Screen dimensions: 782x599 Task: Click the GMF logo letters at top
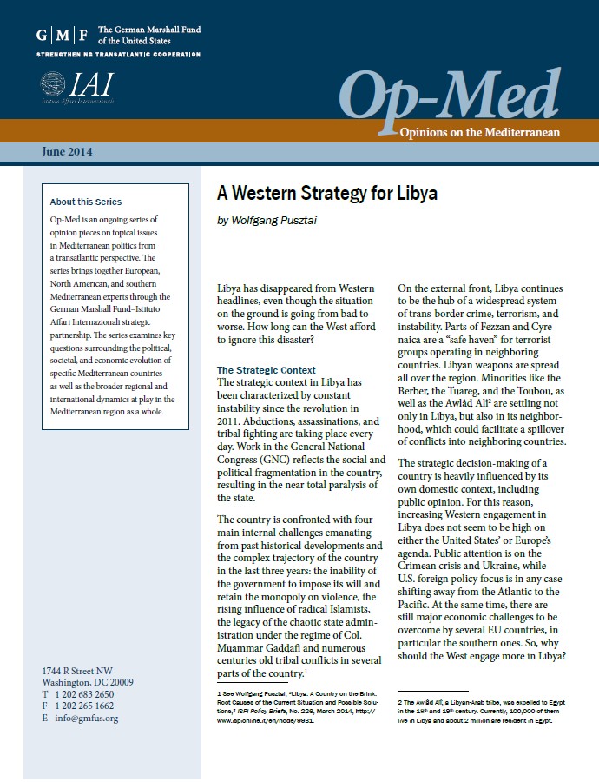click(x=62, y=36)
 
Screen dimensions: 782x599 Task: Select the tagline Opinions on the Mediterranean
click(x=479, y=132)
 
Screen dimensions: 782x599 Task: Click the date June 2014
click(x=67, y=152)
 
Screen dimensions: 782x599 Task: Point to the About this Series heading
click(x=86, y=202)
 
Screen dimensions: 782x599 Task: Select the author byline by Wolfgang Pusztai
click(x=267, y=221)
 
